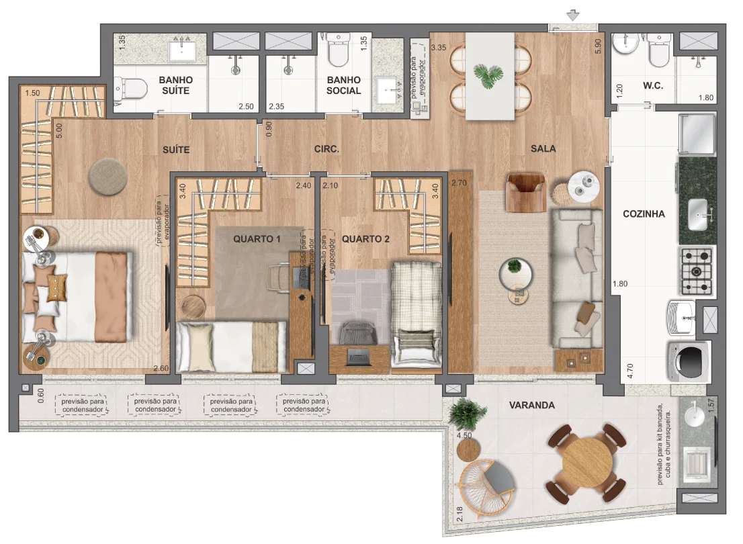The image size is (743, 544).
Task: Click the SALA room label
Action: [543, 149]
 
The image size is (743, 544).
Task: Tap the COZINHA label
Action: [644, 214]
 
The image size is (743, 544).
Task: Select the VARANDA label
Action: [531, 405]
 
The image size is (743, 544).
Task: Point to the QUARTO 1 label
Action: [257, 239]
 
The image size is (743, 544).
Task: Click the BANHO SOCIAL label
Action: [343, 85]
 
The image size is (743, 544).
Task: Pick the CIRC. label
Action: [326, 149]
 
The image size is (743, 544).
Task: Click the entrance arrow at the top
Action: [573, 15]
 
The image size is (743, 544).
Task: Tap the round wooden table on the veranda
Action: [587, 462]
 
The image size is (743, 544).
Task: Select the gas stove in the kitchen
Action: [697, 271]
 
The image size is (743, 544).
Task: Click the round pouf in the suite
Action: [107, 176]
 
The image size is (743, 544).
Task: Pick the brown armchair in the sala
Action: [525, 192]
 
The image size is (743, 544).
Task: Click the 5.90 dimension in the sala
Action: [598, 46]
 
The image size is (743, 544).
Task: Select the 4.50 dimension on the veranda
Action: [464, 435]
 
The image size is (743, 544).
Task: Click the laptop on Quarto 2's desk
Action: [358, 357]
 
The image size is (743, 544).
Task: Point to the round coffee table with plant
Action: [515, 273]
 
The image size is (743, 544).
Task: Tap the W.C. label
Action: [652, 86]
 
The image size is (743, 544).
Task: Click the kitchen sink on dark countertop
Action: [699, 214]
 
